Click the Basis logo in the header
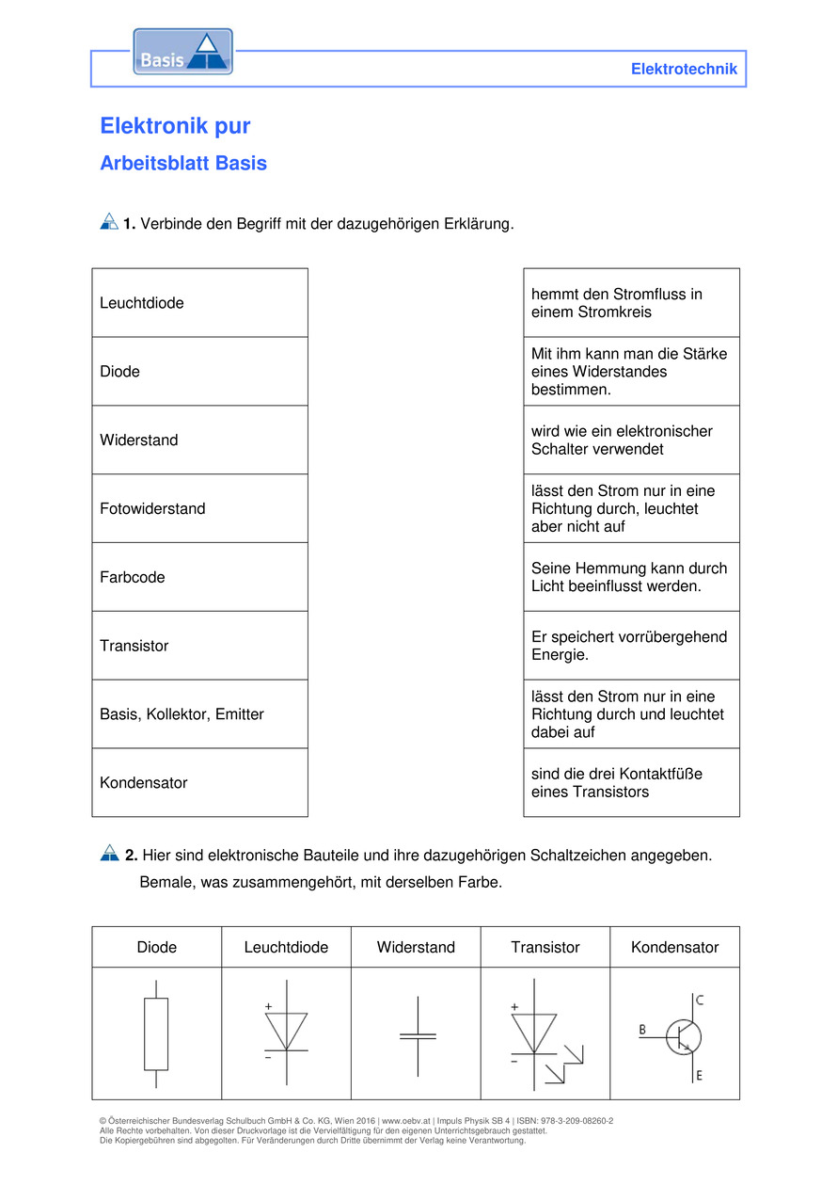coord(182,53)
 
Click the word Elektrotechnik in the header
coord(684,69)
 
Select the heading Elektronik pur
coord(175,126)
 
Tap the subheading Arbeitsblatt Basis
coord(183,163)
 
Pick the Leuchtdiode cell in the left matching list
coord(199,303)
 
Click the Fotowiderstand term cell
coord(199,508)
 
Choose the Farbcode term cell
coord(199,577)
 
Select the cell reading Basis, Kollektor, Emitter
coord(199,714)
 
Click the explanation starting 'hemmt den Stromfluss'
coord(631,303)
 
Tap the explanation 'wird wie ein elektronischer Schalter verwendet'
coord(631,440)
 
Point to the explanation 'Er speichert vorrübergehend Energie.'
coord(631,646)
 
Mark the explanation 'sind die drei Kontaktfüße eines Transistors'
coord(631,783)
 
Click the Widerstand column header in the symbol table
coord(416,947)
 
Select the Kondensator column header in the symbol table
coord(674,947)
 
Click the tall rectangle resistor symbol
coord(156,1033)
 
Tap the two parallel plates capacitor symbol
coord(418,1035)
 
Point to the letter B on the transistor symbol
coord(642,1030)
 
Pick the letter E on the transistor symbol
coord(700,1075)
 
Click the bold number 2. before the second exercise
coord(131,856)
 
